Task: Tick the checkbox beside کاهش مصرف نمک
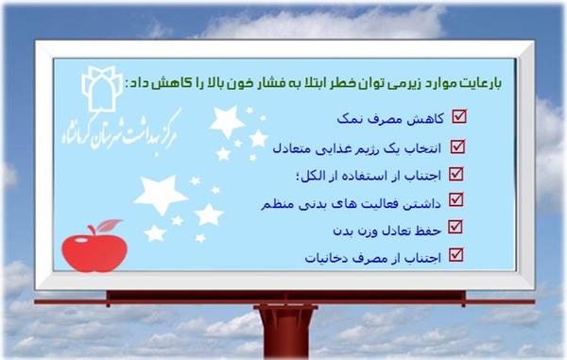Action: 460,117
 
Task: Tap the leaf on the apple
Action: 109,225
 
